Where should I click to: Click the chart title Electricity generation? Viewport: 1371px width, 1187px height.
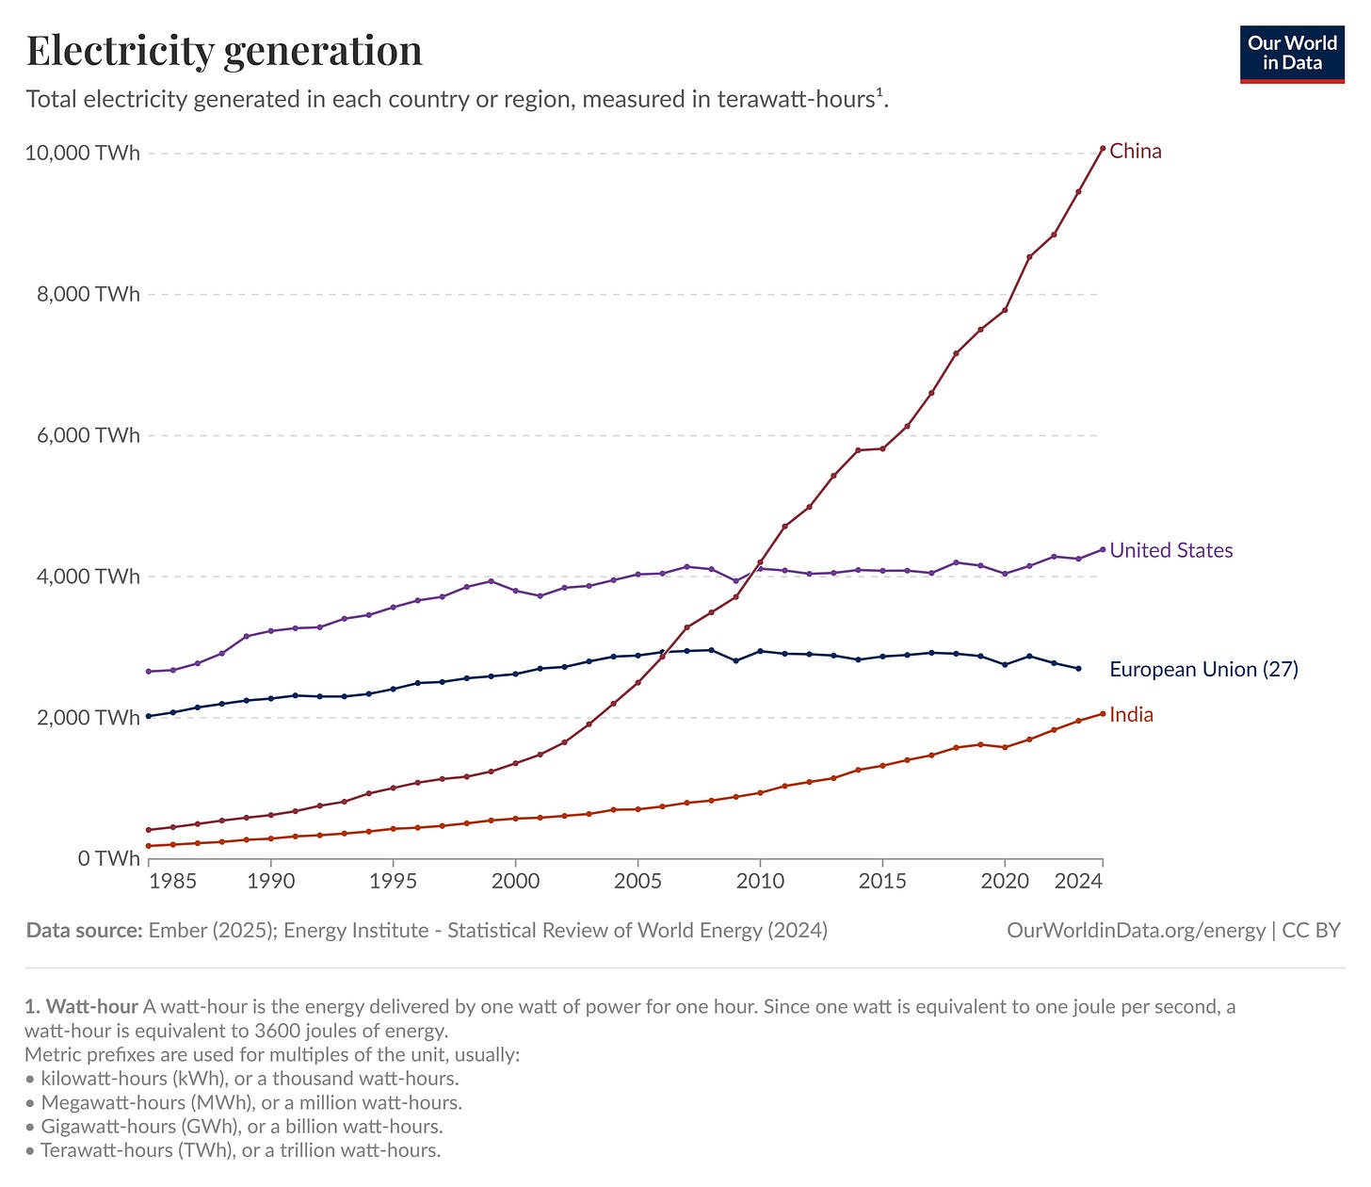224,51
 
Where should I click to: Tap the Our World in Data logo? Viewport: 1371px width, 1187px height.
1292,55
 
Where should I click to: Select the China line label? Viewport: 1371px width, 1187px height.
1136,151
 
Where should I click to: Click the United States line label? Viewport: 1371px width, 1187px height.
1170,550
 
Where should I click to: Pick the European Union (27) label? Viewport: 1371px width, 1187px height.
1203,669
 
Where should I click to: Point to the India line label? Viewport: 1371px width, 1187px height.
1131,714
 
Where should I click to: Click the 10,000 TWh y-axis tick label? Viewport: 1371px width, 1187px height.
82,153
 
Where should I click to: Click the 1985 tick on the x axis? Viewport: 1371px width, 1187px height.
173,882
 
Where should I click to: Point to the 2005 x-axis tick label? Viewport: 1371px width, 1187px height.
638,882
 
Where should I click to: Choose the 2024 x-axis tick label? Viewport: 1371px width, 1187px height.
1079,882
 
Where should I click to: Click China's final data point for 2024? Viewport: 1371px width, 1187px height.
1103,148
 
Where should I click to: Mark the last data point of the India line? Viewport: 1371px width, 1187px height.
1103,713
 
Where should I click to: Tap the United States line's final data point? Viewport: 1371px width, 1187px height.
1103,549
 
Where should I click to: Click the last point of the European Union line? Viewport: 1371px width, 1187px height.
1078,669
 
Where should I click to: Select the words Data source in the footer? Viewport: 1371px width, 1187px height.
84,931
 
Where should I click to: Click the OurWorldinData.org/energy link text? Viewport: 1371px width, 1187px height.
1136,931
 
